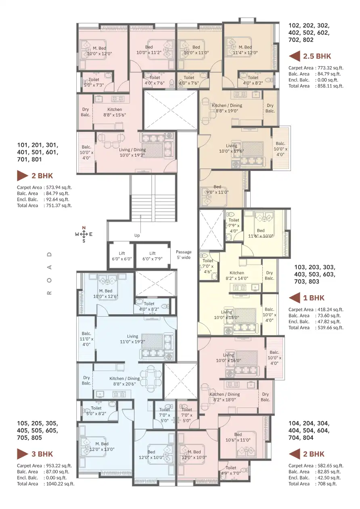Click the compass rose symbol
point(84,234)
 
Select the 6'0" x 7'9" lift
point(152,256)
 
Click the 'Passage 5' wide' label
point(184,255)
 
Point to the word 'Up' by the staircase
point(137,236)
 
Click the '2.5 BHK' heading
point(317,56)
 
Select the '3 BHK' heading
point(42,454)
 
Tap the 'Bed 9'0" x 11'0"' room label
point(217,190)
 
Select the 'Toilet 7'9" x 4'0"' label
point(234,225)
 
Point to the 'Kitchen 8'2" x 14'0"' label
point(237,275)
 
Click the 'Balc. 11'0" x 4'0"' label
point(86,339)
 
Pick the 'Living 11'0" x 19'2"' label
point(132,339)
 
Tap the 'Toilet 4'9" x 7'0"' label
point(231,470)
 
